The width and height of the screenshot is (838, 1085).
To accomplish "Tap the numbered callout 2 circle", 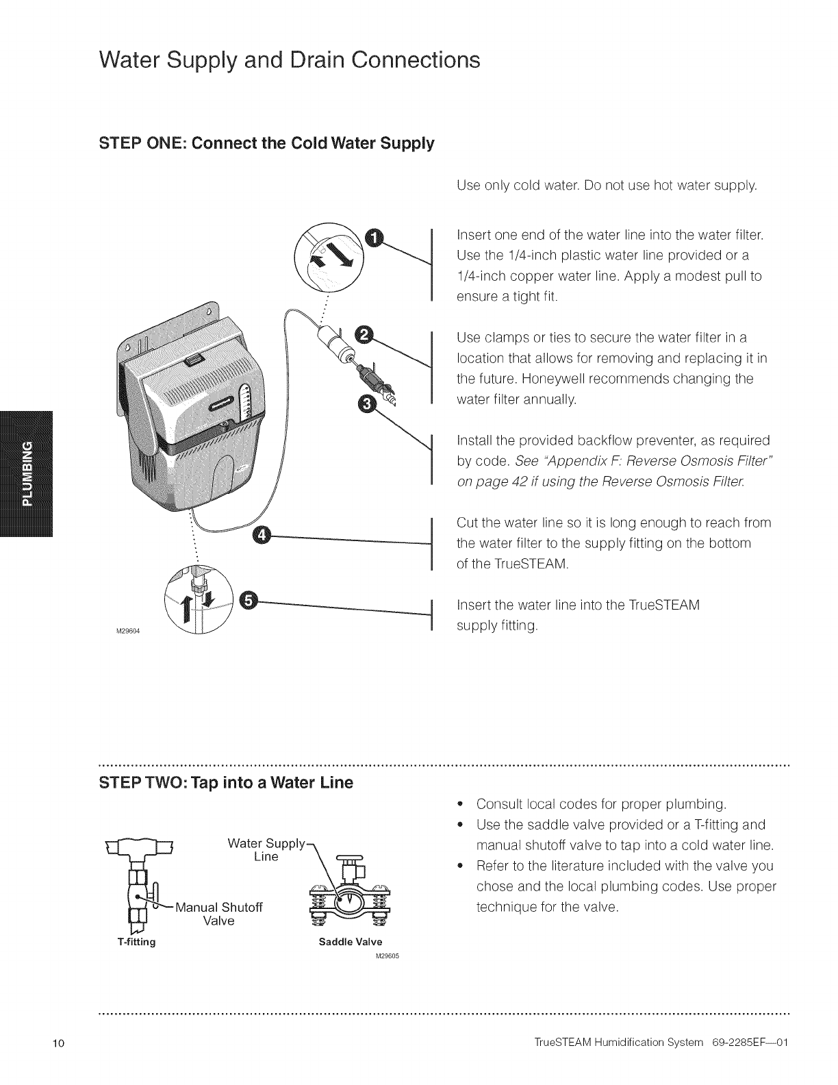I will coord(366,334).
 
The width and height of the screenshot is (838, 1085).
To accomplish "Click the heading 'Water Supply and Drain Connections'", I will coord(289,60).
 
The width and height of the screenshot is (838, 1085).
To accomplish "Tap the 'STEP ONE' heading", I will coord(266,145).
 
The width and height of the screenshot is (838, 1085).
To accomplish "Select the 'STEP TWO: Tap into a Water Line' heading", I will coord(226,782).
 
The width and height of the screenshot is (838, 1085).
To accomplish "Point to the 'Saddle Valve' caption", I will coord(351,942).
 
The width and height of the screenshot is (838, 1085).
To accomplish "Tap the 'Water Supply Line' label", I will coord(266,849).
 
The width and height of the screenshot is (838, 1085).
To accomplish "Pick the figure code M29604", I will coord(128,631).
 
